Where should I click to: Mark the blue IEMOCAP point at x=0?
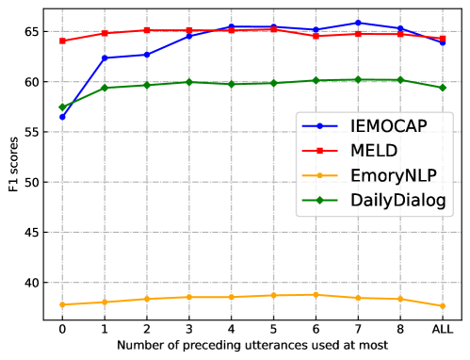coord(62,117)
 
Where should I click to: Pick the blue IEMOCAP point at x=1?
coord(105,58)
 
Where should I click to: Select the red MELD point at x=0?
coord(62,41)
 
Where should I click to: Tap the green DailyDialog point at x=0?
coord(62,106)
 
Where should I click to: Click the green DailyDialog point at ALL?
coord(443,88)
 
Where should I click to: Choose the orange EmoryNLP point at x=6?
coord(316,295)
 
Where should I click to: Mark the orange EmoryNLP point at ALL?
coord(443,305)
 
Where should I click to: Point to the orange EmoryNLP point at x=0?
coord(62,304)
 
